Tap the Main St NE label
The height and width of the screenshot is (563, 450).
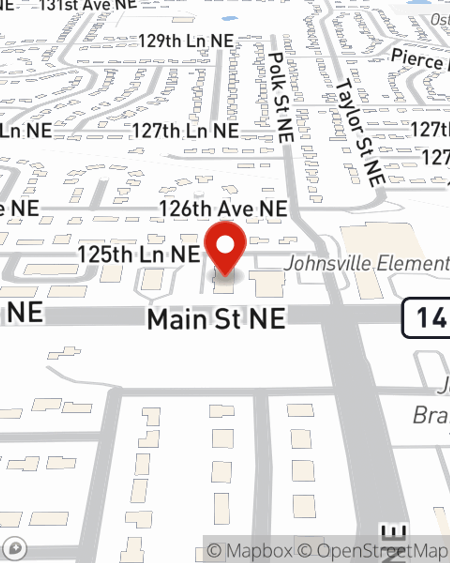[216, 319]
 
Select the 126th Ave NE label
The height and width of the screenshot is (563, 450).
[223, 209]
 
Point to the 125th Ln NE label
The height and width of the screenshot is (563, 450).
[139, 254]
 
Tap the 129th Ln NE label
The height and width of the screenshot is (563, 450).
[186, 41]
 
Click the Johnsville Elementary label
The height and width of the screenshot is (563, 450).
[367, 263]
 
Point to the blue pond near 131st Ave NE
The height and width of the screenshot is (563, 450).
[229, 19]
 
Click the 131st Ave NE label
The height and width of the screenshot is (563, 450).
[88, 5]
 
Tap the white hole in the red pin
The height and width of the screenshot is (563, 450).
[225, 245]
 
